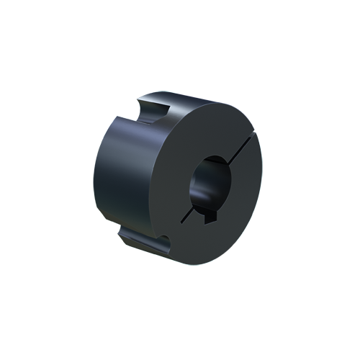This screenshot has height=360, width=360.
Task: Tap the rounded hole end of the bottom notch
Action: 165,244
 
